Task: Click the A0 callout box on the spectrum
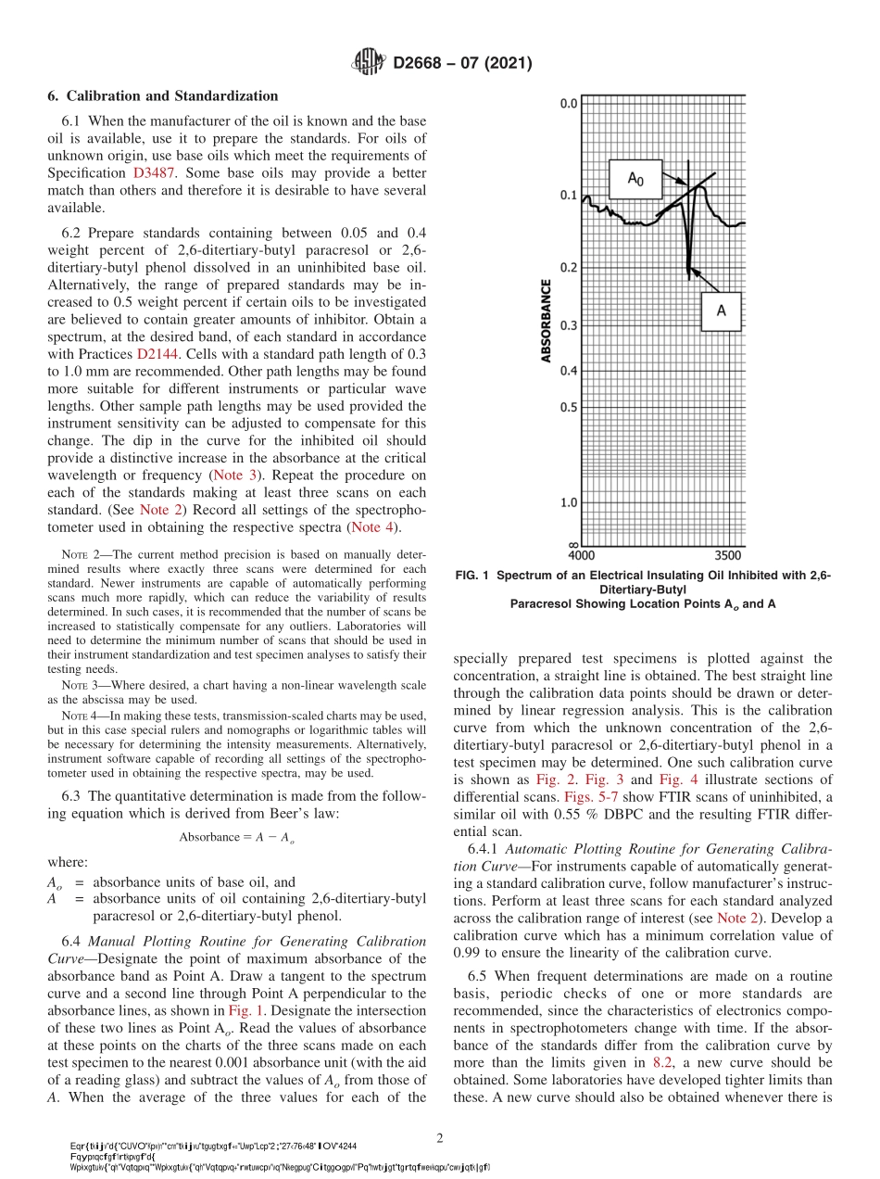click(x=635, y=179)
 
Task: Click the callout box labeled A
click(x=720, y=312)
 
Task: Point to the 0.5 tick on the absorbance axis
click(x=567, y=407)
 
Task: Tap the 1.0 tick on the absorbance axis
click(x=567, y=502)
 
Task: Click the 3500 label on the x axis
click(x=729, y=555)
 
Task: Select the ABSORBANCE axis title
click(x=547, y=320)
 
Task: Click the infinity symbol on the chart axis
click(x=572, y=545)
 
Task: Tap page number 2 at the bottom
click(x=440, y=1137)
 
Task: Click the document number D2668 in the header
click(x=424, y=64)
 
